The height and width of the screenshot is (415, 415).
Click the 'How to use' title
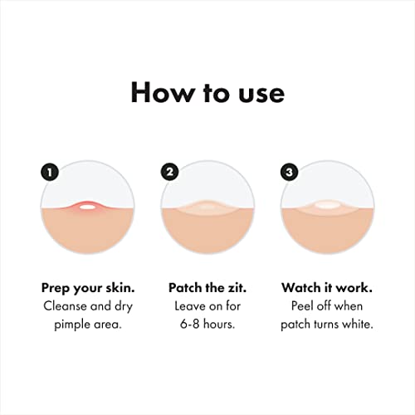click(x=207, y=92)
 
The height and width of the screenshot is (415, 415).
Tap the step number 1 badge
click(x=51, y=173)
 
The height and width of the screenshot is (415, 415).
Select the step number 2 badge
click(x=170, y=173)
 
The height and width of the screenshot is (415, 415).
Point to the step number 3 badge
click(x=290, y=173)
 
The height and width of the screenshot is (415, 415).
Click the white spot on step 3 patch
click(x=327, y=204)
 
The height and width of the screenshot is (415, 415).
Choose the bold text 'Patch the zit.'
click(x=207, y=287)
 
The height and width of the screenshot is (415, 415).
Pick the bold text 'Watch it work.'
click(x=326, y=287)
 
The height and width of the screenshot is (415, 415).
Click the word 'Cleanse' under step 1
click(x=63, y=305)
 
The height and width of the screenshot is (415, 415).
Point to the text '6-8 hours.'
click(x=207, y=324)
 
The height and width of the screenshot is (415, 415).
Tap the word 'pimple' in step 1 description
click(x=71, y=324)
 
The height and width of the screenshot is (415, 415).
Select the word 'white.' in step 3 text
click(x=355, y=324)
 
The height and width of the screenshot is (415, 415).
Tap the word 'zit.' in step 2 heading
click(x=237, y=287)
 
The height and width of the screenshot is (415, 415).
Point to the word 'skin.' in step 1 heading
click(x=116, y=287)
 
